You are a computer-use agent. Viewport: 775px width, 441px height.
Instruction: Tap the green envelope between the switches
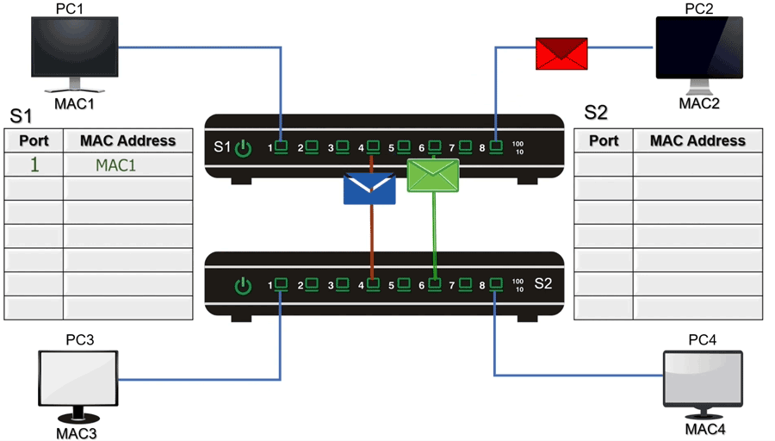coord(433,176)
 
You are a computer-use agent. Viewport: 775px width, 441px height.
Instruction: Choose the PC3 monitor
coord(79,378)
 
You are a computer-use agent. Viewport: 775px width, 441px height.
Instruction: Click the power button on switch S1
coord(244,148)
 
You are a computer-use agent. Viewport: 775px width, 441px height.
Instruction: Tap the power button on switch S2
coord(244,284)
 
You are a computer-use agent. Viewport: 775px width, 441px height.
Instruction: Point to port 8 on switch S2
coord(496,283)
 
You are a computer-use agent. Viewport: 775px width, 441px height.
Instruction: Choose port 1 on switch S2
coord(280,283)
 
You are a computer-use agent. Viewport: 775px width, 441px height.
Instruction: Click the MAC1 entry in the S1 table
coord(115,165)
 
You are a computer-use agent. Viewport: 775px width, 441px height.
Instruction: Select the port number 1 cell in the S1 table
coord(34,165)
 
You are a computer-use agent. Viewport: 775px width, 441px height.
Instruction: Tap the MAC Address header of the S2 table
coord(697,140)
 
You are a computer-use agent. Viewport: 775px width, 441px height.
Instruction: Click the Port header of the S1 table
coord(34,140)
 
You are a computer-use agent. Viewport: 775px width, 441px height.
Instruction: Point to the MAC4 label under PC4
coord(704,428)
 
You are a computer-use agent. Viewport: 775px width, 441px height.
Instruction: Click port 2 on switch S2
coord(311,283)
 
